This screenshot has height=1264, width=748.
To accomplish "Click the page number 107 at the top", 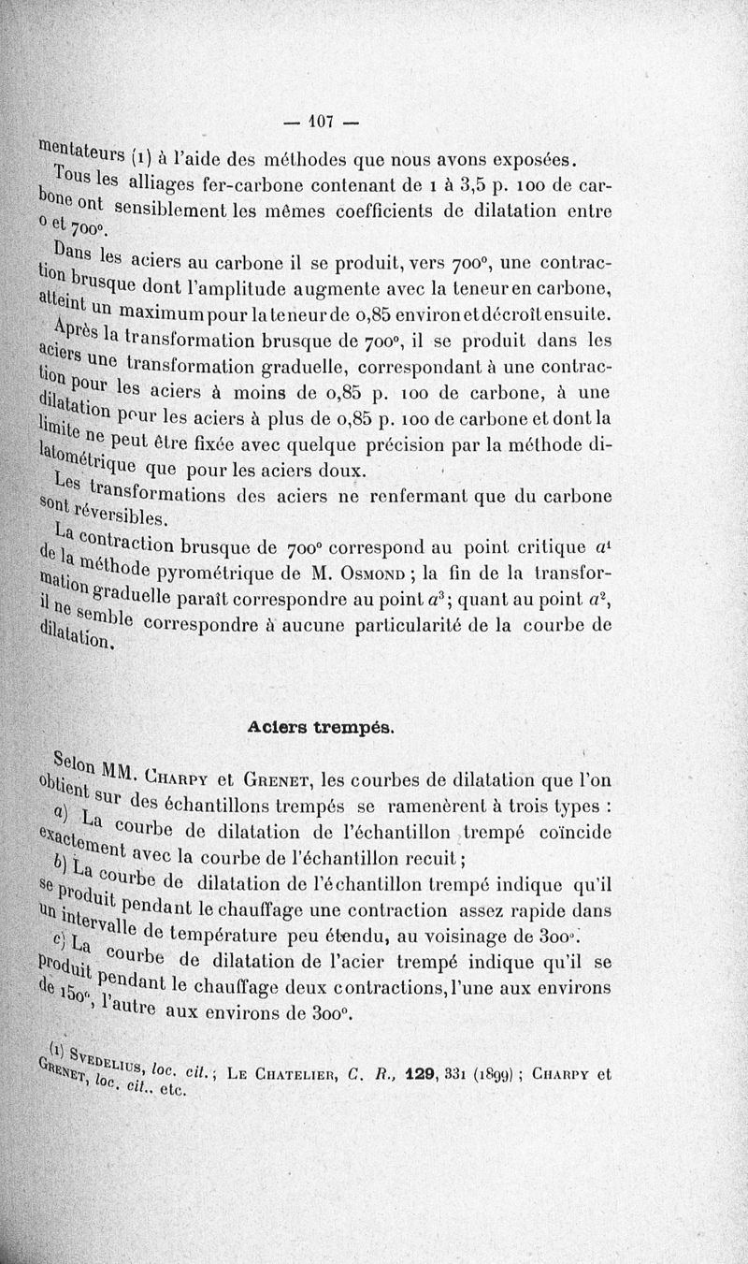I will [x=322, y=122].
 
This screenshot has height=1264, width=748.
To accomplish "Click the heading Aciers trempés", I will [x=320, y=726].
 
